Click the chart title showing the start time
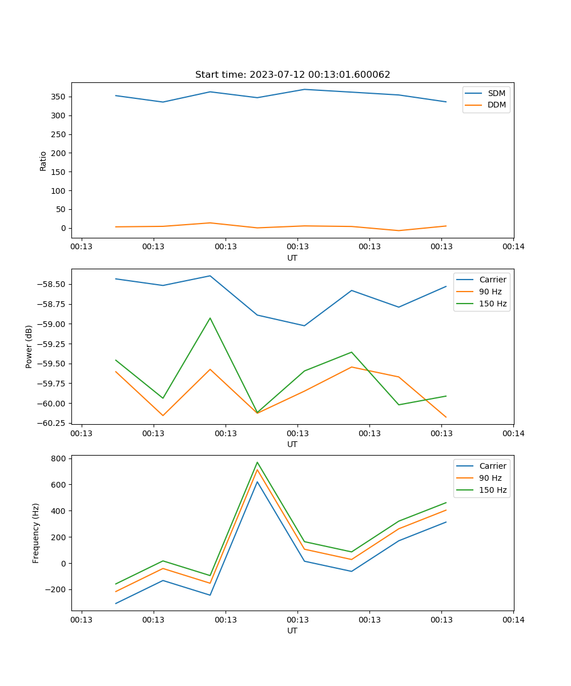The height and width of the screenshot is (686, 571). [x=292, y=75]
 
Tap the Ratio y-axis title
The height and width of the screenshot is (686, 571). [x=43, y=161]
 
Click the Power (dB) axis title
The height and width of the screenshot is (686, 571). [x=29, y=346]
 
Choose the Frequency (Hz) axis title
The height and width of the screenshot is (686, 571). [x=36, y=533]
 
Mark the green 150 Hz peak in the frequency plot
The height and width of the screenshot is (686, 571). [x=257, y=462]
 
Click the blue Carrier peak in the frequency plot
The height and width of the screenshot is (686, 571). [x=257, y=482]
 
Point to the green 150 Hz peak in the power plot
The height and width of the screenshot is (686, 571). [x=210, y=318]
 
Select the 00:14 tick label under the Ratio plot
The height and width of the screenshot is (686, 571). [x=513, y=247]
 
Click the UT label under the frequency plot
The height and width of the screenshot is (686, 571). [x=292, y=631]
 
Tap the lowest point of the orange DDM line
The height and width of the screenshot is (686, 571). [x=399, y=230]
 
